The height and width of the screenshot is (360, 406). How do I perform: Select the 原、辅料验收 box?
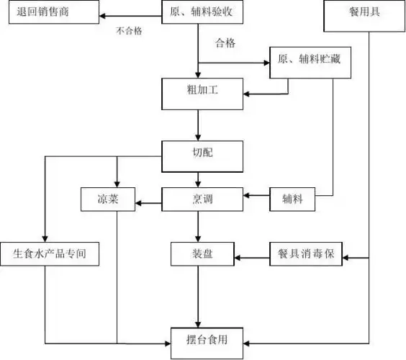click(198, 13)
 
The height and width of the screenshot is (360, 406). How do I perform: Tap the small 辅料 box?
click(292, 199)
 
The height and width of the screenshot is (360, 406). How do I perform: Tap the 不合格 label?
click(130, 30)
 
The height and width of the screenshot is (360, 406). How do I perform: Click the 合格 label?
click(226, 44)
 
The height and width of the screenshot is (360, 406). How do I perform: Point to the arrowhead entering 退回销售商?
click(103, 14)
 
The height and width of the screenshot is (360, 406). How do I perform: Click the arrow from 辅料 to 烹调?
click(258, 195)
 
